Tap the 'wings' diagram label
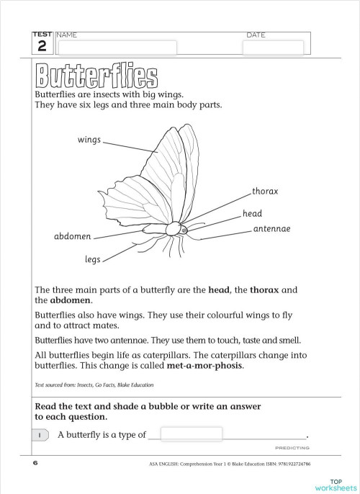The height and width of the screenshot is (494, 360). click(89, 140)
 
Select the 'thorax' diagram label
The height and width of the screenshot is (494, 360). click(265, 192)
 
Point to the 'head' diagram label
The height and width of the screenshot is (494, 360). click(252, 214)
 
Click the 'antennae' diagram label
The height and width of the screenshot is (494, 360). click(271, 228)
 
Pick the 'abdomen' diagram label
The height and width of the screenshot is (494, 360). click(72, 236)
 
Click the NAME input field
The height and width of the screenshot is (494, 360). click(117, 48)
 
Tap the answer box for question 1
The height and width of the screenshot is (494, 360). click(191, 434)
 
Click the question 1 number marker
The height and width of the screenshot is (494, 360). click(40, 435)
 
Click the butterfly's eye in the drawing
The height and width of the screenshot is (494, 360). click(184, 230)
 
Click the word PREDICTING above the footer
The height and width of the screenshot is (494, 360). click(292, 447)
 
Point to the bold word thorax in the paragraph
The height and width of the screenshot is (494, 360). click(264, 289)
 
